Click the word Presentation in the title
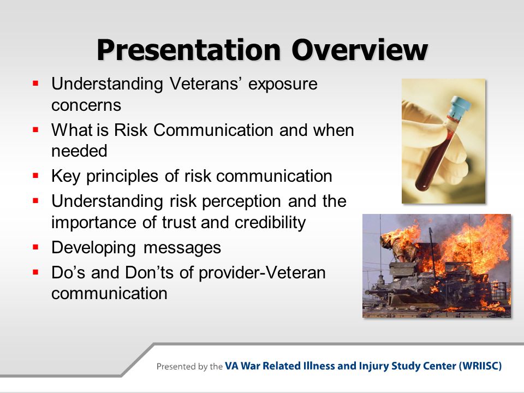coord(188,50)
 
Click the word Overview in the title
coord(360,50)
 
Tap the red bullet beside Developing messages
coord(36,247)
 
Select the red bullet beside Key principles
coord(36,175)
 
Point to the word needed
coord(79,151)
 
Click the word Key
coord(66,176)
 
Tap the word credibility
coord(270,223)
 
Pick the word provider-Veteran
coord(262,273)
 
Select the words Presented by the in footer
coord(189,367)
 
